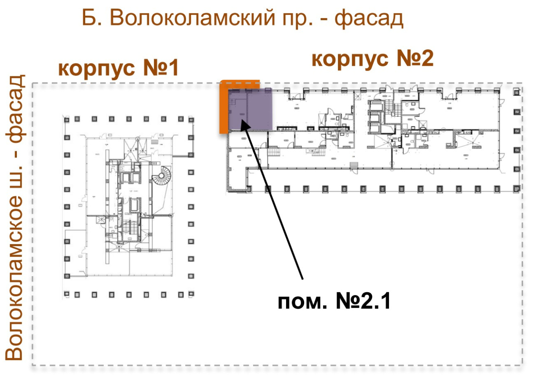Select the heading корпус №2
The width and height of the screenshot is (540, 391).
click(373, 59)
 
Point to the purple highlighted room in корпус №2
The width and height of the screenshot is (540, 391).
click(250, 109)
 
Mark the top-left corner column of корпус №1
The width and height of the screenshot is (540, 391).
click(67, 119)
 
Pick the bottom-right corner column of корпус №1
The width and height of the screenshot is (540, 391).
click(191, 294)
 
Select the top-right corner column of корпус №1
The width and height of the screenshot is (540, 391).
click(191, 119)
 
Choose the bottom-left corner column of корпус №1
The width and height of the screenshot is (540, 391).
click(67, 294)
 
